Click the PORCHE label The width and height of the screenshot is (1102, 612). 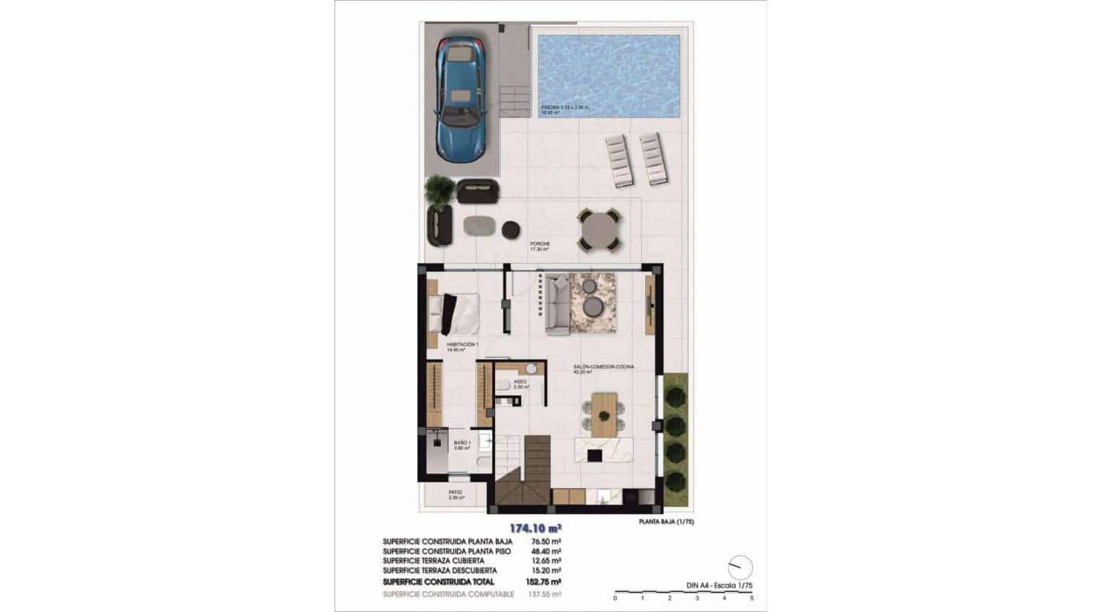click(x=540, y=243)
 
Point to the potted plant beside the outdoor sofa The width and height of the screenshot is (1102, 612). click(x=439, y=190)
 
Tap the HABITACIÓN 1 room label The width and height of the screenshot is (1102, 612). click(x=461, y=345)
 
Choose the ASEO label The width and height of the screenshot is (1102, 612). click(x=520, y=381)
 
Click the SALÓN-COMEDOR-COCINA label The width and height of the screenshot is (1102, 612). click(x=604, y=368)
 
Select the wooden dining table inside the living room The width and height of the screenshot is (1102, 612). click(x=604, y=414)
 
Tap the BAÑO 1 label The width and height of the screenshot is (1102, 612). click(x=461, y=443)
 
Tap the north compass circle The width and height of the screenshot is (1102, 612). click(x=740, y=567)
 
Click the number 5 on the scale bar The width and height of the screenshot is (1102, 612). click(x=752, y=597)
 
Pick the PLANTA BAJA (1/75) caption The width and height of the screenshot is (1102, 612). click(x=666, y=522)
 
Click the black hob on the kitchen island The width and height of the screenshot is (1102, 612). click(x=593, y=456)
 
